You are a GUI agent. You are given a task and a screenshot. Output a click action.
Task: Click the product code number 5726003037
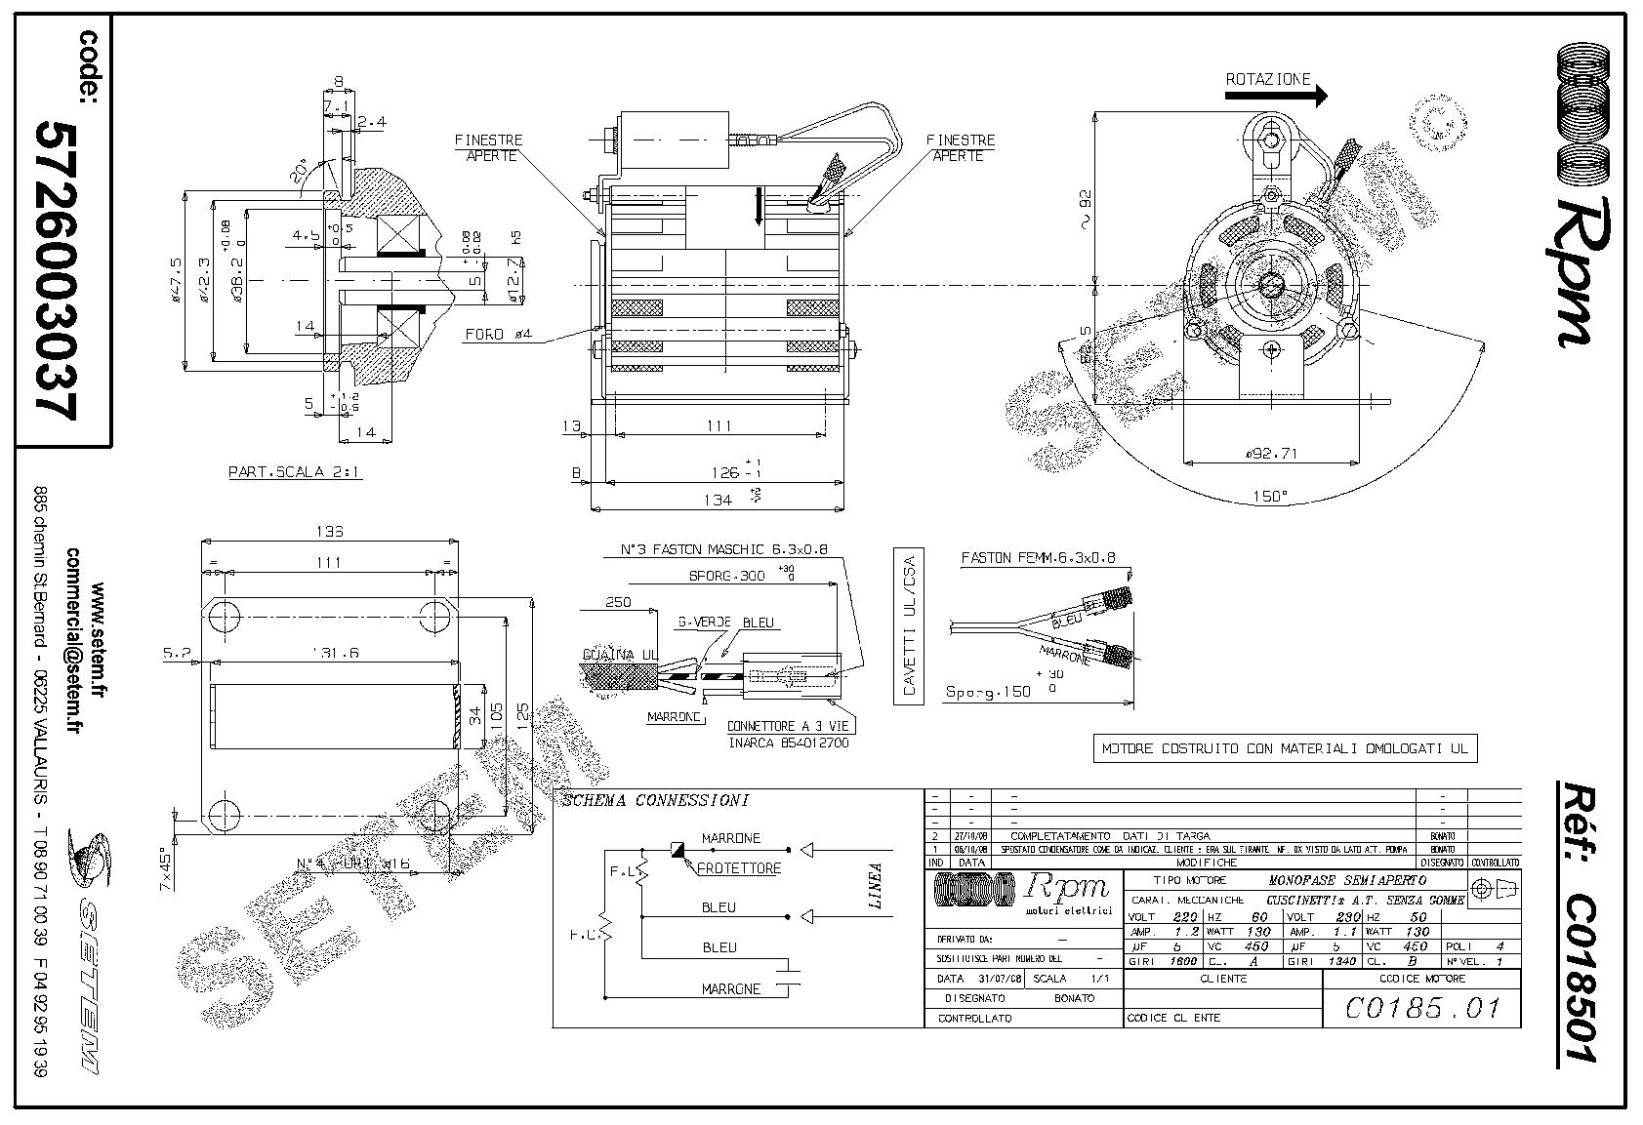pyautogui.click(x=56, y=270)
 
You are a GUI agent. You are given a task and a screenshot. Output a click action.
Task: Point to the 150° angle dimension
pyautogui.click(x=1270, y=497)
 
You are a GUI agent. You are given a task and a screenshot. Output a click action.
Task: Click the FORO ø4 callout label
pyautogui.click(x=498, y=335)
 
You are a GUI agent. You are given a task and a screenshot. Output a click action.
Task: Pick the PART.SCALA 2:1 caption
pyautogui.click(x=294, y=472)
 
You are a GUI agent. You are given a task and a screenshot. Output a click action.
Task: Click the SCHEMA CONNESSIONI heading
pyautogui.click(x=655, y=801)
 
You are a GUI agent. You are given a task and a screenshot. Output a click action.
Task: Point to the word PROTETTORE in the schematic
pyautogui.click(x=739, y=867)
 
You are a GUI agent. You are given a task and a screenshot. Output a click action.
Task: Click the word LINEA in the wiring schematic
pyautogui.click(x=876, y=885)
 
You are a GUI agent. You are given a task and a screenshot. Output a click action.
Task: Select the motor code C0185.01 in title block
pyautogui.click(x=1420, y=1007)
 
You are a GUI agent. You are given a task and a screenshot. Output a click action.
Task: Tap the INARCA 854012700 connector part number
pyautogui.click(x=789, y=743)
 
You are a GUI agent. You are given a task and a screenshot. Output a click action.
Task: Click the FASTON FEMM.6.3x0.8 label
pyautogui.click(x=1038, y=559)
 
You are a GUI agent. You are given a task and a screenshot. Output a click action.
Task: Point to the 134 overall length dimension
pyautogui.click(x=718, y=500)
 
